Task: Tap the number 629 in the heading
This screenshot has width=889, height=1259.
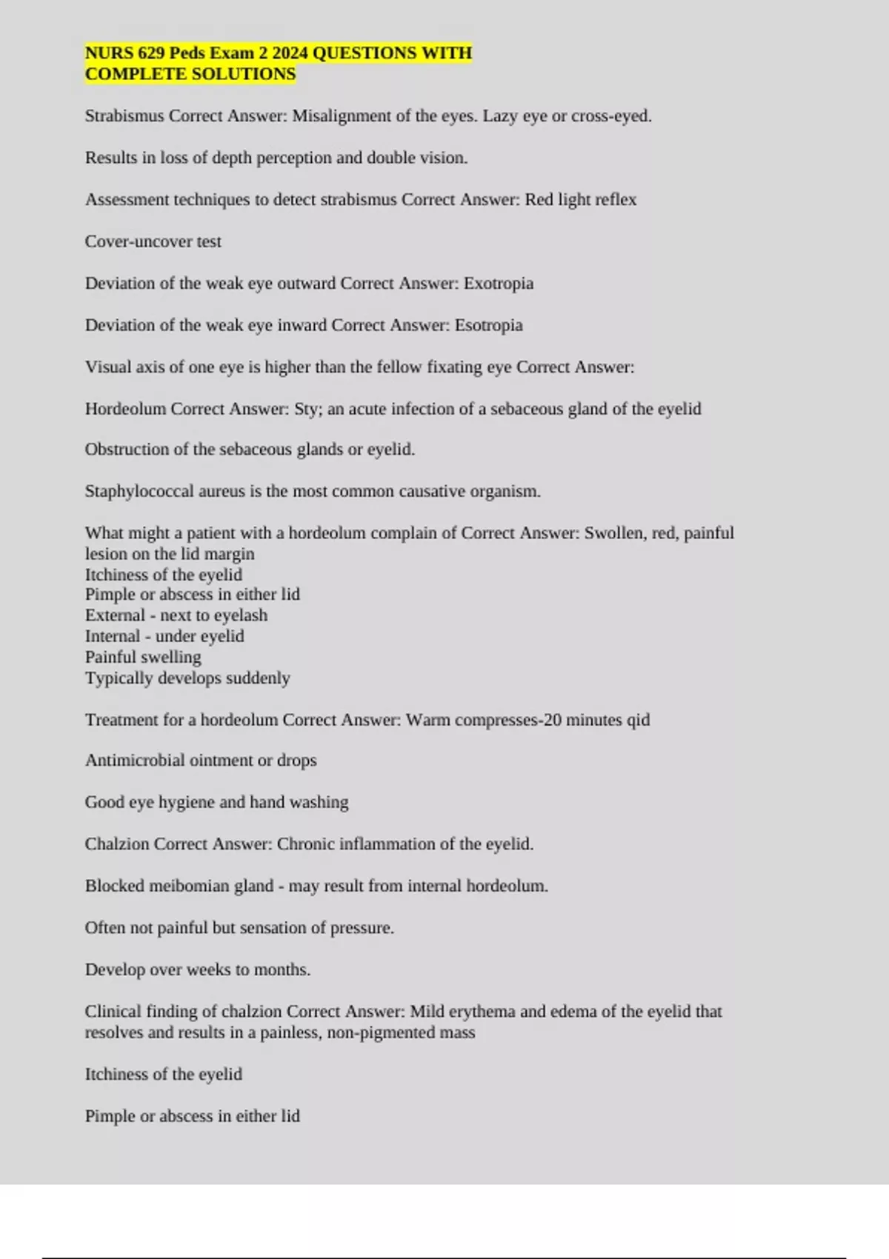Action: [x=151, y=53]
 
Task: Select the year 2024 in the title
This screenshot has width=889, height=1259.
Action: [x=290, y=53]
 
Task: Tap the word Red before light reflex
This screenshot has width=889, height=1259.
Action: [x=539, y=200]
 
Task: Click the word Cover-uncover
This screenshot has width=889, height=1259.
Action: [x=139, y=241]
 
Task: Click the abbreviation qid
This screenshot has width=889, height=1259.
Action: [x=638, y=720]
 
